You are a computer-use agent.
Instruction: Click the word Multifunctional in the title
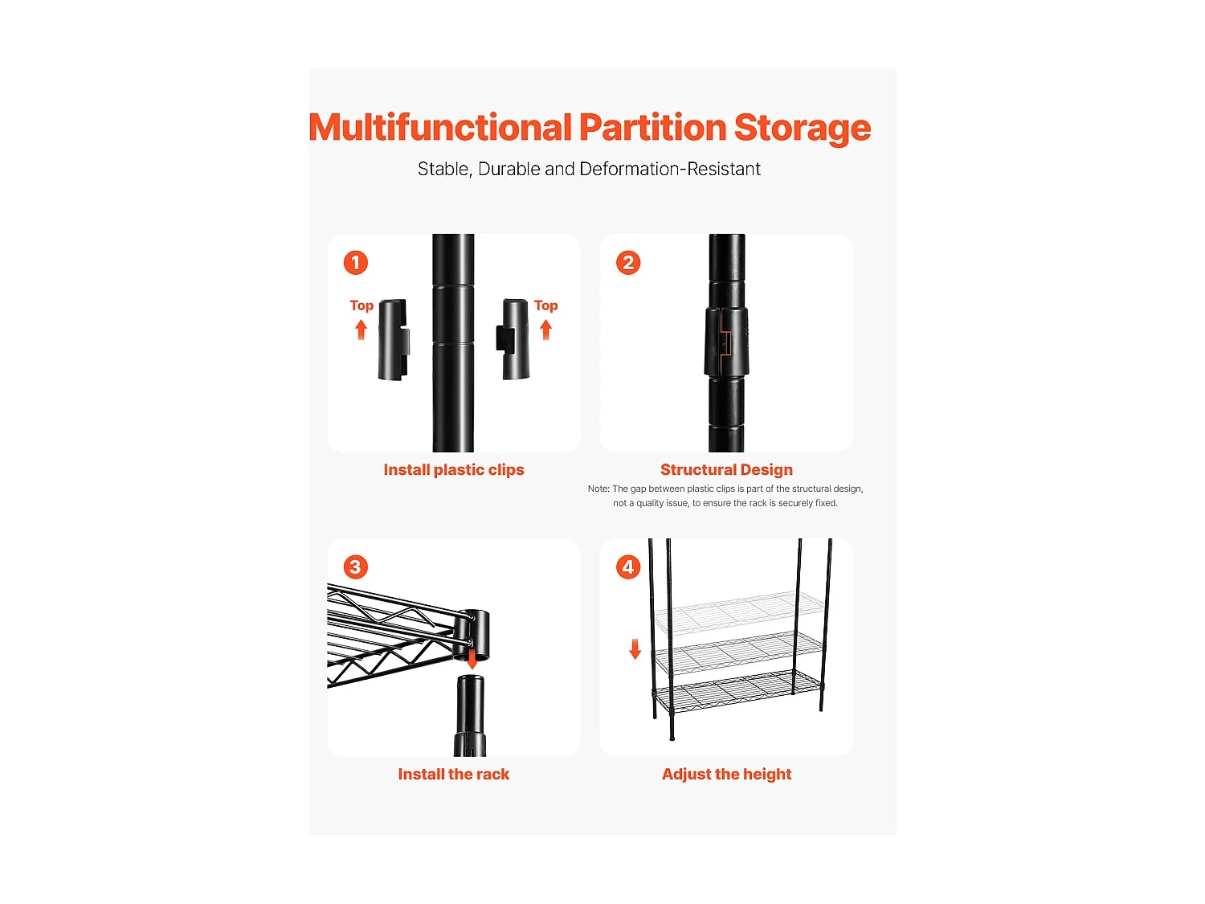(440, 127)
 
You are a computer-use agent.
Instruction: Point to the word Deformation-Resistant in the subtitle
(670, 169)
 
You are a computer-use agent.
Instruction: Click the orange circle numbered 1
(355, 263)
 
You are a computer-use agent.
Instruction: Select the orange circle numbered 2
(628, 263)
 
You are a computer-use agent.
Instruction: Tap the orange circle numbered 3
(355, 567)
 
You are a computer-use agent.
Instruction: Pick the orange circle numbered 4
(628, 567)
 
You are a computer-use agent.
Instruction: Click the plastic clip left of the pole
(393, 339)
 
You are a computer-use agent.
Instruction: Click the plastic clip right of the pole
(513, 339)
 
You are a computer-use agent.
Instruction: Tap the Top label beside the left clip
(361, 305)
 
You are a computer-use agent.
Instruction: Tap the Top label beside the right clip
(545, 305)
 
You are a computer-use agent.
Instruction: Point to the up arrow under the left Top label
(361, 330)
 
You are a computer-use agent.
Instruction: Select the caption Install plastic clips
(453, 470)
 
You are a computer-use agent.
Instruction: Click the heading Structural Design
(726, 469)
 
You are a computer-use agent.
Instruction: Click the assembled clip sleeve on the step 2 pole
(726, 342)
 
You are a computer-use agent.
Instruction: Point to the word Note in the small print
(598, 489)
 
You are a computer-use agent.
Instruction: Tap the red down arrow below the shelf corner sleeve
(472, 659)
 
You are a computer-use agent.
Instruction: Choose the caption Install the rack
(453, 774)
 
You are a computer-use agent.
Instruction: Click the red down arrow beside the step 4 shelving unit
(635, 648)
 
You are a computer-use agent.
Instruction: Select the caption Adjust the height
(726, 774)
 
